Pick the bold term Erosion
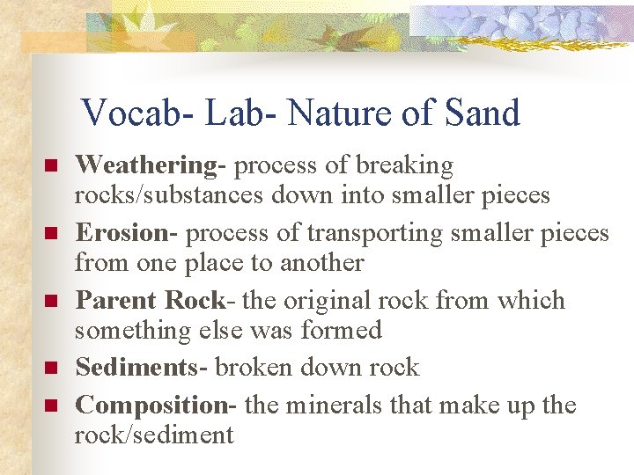(x=122, y=233)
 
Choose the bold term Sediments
(x=141, y=368)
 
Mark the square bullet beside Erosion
(x=51, y=234)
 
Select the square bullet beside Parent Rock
(x=51, y=302)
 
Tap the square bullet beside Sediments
(x=51, y=369)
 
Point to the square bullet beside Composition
(x=51, y=406)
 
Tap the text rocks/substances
(x=168, y=195)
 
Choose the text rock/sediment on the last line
(x=154, y=435)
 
